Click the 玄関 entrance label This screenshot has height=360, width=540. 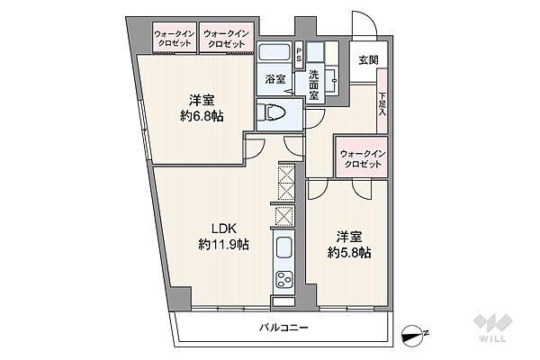[x=369, y=60]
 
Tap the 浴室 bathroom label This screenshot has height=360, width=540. [x=274, y=79]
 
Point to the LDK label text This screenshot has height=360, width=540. [x=223, y=228]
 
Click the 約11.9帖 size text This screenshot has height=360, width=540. [x=224, y=244]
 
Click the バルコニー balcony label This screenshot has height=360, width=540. [x=285, y=328]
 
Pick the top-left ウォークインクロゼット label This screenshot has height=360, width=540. [x=172, y=38]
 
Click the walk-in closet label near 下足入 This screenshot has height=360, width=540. [x=362, y=158]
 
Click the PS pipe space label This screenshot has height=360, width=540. [x=299, y=54]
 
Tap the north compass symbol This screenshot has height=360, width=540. [x=415, y=334]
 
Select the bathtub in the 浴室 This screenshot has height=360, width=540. [x=274, y=53]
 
